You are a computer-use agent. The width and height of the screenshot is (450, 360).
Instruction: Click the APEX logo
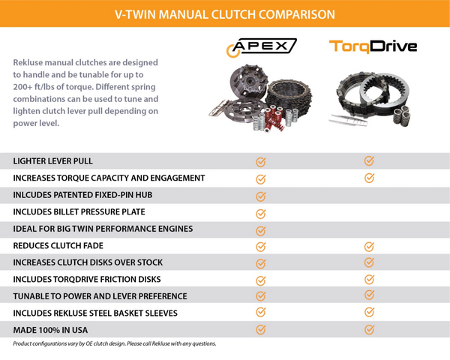pyautogui.click(x=262, y=47)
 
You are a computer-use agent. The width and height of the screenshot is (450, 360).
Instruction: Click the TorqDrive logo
pyautogui.click(x=373, y=46)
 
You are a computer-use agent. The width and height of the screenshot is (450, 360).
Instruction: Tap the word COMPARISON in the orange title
pyautogui.click(x=297, y=14)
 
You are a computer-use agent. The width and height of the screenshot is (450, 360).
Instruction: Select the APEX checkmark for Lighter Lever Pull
pyautogui.click(x=260, y=162)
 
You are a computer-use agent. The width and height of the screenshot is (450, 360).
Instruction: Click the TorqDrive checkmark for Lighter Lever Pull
pyautogui.click(x=369, y=160)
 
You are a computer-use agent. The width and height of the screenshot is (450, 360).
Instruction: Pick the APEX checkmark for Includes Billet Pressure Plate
pyautogui.click(x=260, y=214)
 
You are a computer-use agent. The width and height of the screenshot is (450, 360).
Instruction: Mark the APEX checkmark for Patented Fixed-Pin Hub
pyautogui.click(x=260, y=196)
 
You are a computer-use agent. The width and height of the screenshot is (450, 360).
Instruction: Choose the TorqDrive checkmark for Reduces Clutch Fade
pyautogui.click(x=369, y=247)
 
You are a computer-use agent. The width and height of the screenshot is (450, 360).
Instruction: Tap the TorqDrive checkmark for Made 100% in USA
pyautogui.click(x=369, y=329)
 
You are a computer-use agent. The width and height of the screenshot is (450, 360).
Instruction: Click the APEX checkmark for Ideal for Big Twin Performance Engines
pyautogui.click(x=260, y=230)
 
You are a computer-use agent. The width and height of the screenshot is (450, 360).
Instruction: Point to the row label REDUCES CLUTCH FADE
pyautogui.click(x=58, y=246)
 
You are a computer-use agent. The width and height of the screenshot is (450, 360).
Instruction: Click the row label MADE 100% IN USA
pyautogui.click(x=50, y=330)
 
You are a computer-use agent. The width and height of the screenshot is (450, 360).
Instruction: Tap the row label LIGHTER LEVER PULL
pyautogui.click(x=53, y=161)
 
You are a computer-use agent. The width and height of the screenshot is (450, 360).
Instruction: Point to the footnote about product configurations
pyautogui.click(x=115, y=343)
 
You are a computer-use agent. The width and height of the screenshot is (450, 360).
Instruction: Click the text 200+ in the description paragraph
pyautogui.click(x=22, y=87)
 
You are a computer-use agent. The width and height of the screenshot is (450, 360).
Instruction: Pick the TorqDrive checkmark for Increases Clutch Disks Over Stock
pyautogui.click(x=369, y=262)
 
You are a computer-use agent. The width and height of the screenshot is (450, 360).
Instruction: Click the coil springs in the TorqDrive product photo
pyautogui.click(x=402, y=115)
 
